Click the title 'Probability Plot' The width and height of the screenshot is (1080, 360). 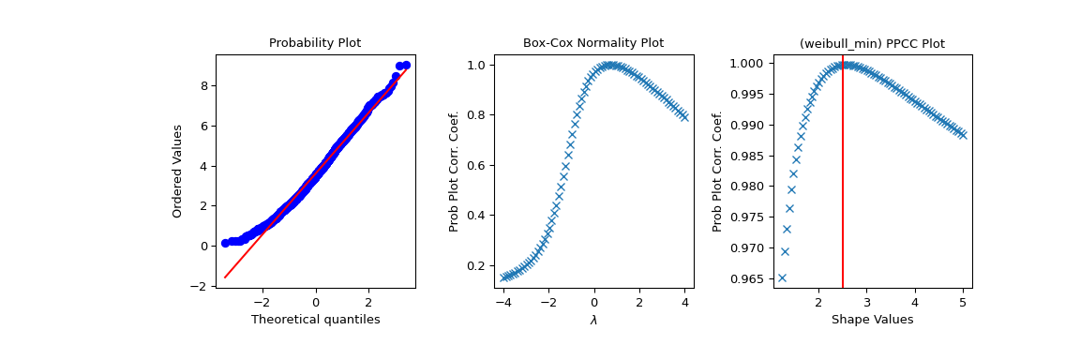point(315,43)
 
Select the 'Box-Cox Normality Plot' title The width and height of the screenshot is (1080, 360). point(592,43)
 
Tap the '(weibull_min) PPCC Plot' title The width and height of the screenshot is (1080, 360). point(872,43)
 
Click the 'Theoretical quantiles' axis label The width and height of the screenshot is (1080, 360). point(315,320)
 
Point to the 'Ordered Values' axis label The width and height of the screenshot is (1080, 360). point(177,171)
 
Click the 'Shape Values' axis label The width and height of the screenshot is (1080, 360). point(872,320)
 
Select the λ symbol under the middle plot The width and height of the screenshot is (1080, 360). point(593,320)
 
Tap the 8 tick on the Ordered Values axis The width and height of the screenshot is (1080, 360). point(203,85)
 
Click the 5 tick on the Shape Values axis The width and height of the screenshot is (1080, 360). point(963,302)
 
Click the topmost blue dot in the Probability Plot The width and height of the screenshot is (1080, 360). point(405,65)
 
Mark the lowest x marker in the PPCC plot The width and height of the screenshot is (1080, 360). point(782,277)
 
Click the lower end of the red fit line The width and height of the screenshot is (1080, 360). point(225,277)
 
